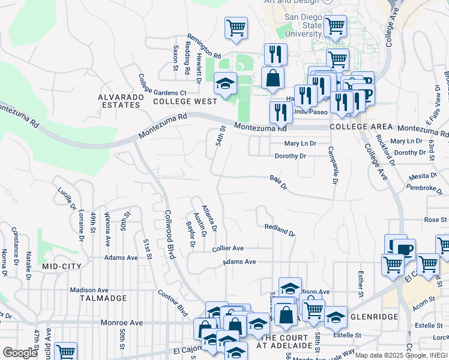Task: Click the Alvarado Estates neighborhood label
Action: click(120, 101)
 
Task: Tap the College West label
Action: click(184, 101)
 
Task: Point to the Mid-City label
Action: click(62, 265)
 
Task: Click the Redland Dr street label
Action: click(280, 229)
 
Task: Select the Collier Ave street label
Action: click(228, 248)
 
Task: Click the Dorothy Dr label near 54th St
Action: click(291, 156)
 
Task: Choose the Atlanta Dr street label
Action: click(209, 218)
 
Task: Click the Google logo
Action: click(20, 352)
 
